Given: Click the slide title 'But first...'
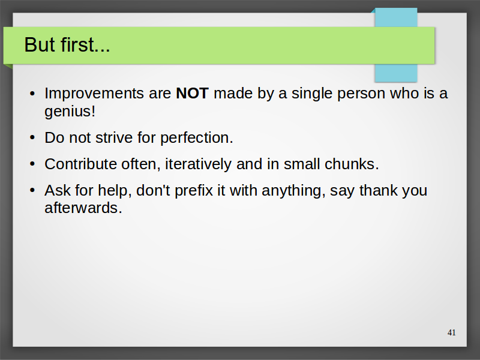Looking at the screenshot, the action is coord(67,44).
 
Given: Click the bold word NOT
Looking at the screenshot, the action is coord(192,93).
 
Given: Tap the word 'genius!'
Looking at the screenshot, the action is coord(70,112).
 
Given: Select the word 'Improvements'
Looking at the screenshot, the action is coord(94,94).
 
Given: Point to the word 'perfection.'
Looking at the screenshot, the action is coord(197,138).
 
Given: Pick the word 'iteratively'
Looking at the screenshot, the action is coord(199,164).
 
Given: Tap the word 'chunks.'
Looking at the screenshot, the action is coord(352,164).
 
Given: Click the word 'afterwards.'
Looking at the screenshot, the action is coord(83,208).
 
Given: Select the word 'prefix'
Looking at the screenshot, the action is coord(194,191).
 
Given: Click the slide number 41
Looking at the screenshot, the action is coord(452,332).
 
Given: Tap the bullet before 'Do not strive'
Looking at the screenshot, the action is coord(32,138).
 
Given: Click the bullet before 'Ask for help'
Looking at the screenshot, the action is coord(32,190).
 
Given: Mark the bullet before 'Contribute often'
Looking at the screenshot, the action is coord(32,164).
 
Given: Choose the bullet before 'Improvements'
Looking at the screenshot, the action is coord(32,94).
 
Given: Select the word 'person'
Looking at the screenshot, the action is coord(361,94).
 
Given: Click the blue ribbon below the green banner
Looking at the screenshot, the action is coord(396,73).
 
